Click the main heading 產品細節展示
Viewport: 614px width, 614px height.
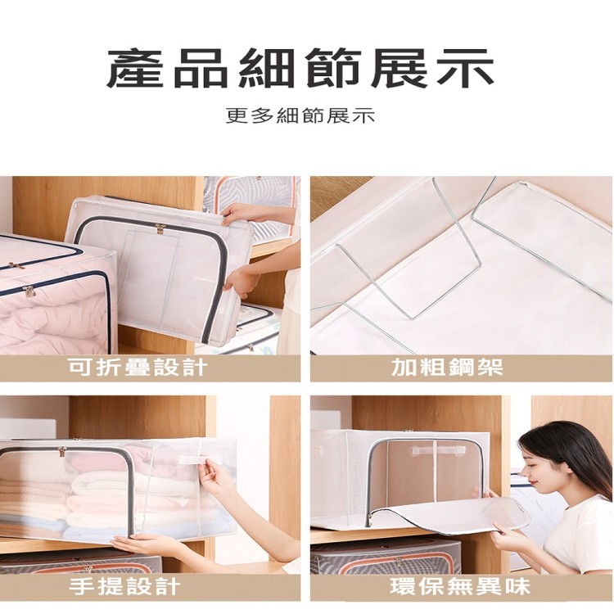pyautogui.click(x=300, y=69)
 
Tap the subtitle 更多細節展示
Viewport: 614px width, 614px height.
pyautogui.click(x=300, y=115)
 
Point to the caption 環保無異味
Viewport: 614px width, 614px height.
pyautogui.click(x=460, y=586)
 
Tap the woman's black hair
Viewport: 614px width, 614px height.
pyautogui.click(x=573, y=454)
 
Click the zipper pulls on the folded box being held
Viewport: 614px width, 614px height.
pyautogui.click(x=160, y=228)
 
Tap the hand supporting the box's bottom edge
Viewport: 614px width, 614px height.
pyautogui.click(x=143, y=544)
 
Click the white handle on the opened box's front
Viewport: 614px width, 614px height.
pyautogui.click(x=438, y=451)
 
